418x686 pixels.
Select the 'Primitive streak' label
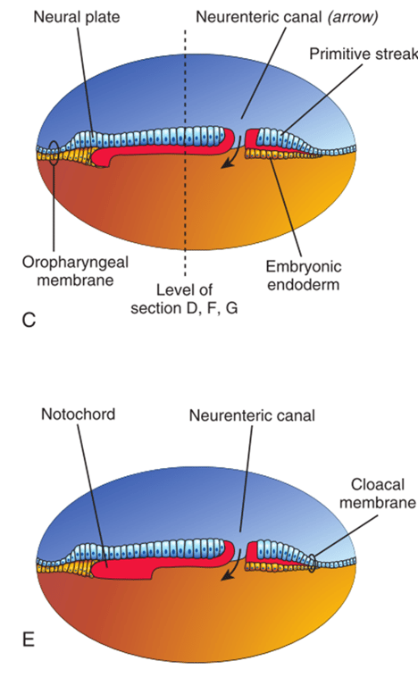(x=363, y=54)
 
